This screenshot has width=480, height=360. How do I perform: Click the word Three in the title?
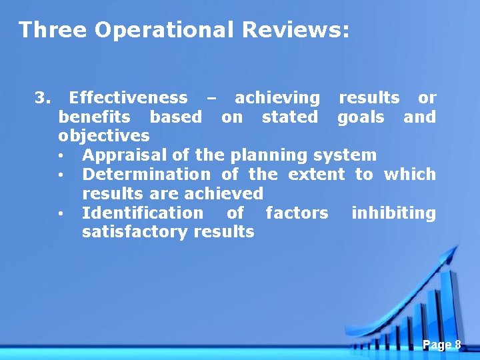[x=53, y=30]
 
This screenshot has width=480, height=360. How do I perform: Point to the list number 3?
[x=42, y=98]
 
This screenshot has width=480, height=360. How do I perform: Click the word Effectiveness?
[x=128, y=98]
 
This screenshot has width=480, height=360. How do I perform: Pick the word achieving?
[x=277, y=98]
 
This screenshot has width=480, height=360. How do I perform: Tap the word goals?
[x=361, y=117]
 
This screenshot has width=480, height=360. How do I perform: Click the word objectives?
[x=104, y=136]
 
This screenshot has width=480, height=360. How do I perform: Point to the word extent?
[x=316, y=175]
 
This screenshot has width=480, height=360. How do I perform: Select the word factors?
[x=297, y=213]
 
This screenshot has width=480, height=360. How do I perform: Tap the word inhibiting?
[x=393, y=213]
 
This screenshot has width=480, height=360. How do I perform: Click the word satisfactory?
[x=135, y=232]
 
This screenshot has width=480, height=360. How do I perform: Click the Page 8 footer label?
[x=441, y=345]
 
